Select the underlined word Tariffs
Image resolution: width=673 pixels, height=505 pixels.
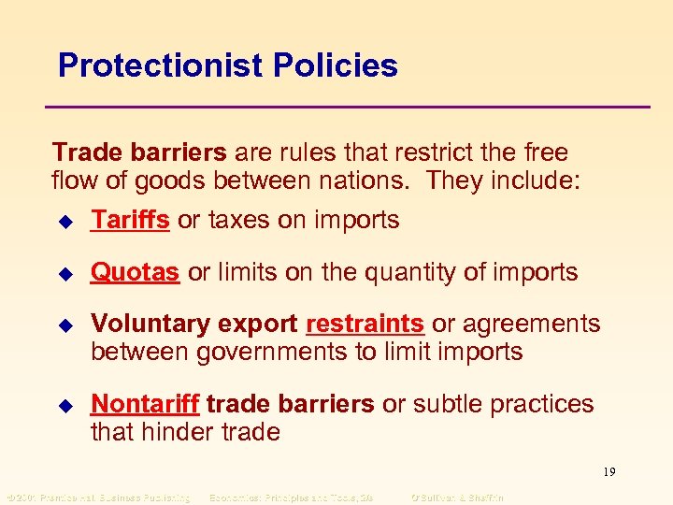130,220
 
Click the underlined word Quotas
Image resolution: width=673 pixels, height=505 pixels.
135,272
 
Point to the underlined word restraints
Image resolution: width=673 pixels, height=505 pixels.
365,324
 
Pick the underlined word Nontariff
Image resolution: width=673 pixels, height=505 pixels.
145,404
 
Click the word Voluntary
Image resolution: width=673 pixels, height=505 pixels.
150,324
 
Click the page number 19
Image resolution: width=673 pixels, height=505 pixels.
609,471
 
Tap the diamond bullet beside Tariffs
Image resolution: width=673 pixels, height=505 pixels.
64,222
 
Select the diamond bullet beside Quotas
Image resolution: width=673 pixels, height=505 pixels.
64,273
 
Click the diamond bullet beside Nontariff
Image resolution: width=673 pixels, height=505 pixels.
64,405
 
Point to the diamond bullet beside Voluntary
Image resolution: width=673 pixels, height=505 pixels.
64,325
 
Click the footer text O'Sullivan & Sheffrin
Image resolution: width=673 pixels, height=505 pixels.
457,497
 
